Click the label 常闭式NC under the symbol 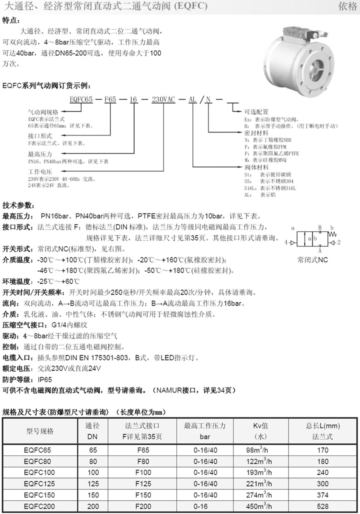pos(312,260)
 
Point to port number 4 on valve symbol pos(286,242)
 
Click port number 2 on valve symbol pos(338,242)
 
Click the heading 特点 pos(12,20)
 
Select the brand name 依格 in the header pos(347,6)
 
